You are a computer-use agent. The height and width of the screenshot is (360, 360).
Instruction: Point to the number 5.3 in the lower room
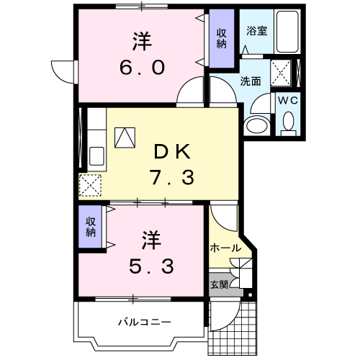click(x=151, y=266)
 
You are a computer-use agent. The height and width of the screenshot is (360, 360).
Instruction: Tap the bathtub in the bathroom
click(x=288, y=32)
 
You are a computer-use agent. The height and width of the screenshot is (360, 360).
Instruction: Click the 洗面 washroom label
click(x=250, y=81)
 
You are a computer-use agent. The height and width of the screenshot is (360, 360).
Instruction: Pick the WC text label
click(x=289, y=101)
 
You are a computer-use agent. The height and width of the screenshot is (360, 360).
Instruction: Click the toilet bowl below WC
click(x=289, y=125)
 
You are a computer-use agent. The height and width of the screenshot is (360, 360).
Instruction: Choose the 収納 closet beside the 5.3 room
click(x=91, y=227)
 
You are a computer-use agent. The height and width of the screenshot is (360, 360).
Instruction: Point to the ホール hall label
click(x=225, y=248)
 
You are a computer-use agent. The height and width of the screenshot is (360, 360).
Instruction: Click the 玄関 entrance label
click(x=220, y=284)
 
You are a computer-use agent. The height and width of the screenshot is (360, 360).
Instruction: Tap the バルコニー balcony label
click(x=144, y=321)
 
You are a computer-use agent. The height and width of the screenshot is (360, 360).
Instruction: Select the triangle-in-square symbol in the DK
click(x=125, y=137)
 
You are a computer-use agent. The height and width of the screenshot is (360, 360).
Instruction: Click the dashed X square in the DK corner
click(x=91, y=185)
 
